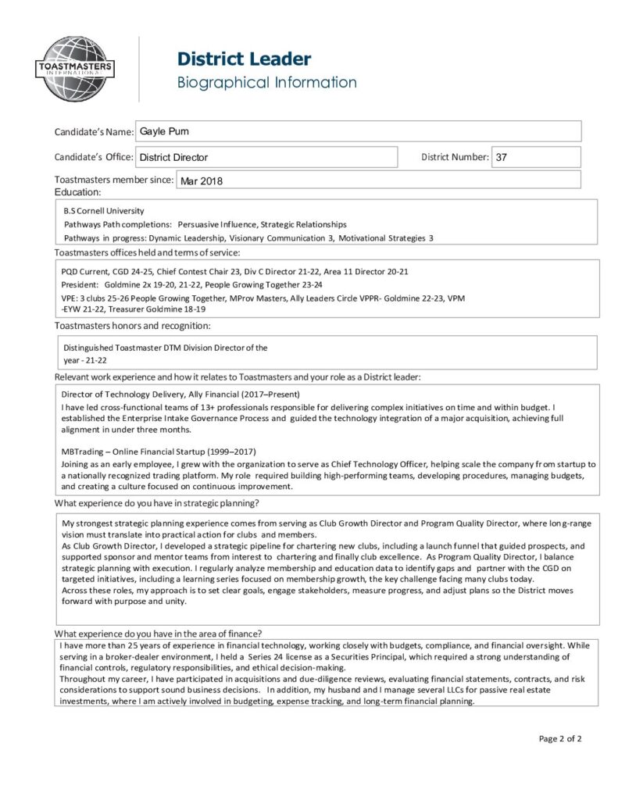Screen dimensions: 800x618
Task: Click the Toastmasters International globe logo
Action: [76, 69]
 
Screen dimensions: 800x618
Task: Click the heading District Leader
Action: [244, 59]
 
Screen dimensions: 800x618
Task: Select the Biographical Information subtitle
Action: [266, 82]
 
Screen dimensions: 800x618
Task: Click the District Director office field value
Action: [173, 157]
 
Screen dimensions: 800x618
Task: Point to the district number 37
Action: [502, 157]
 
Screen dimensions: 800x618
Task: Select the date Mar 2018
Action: [202, 181]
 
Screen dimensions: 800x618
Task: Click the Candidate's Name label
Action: [94, 132]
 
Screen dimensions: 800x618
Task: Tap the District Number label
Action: [455, 157]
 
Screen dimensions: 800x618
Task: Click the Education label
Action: [77, 192]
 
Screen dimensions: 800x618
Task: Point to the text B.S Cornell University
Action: [104, 211]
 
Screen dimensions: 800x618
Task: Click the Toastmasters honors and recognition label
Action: [132, 325]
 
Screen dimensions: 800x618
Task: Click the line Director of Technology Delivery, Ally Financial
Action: [180, 394]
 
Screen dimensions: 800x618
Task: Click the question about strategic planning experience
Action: [156, 502]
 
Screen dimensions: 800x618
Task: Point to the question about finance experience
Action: [158, 633]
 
